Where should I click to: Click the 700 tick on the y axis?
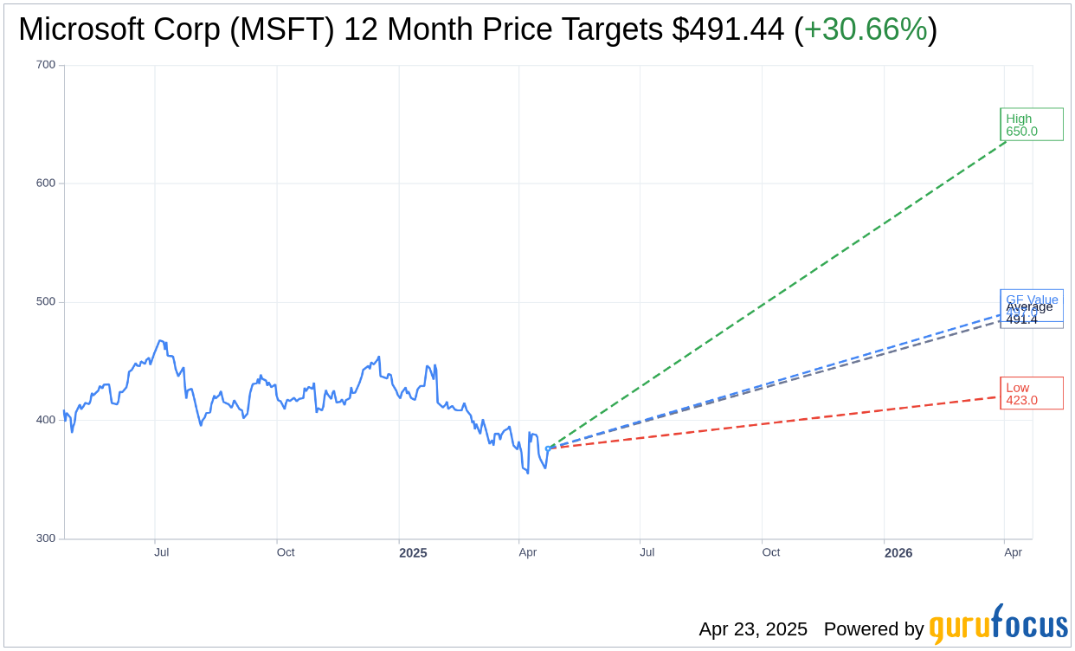pos(46,65)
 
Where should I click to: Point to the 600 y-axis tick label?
pos(46,184)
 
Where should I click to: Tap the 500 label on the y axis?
pos(46,302)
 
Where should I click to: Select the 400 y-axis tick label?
pos(46,420)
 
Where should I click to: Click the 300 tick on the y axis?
pos(46,538)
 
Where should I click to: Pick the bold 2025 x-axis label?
pos(413,552)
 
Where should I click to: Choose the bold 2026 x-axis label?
pos(898,552)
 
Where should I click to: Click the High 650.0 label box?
pos(1031,125)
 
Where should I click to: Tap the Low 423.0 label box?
pos(1031,394)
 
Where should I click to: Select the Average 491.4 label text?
pos(1029,313)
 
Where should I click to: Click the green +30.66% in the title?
pos(866,30)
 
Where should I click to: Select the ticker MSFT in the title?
pos(298,30)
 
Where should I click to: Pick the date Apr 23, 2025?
pos(753,629)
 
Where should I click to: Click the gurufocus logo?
pos(998,625)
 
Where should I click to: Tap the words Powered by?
pos(873,629)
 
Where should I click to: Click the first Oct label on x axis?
pos(286,552)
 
